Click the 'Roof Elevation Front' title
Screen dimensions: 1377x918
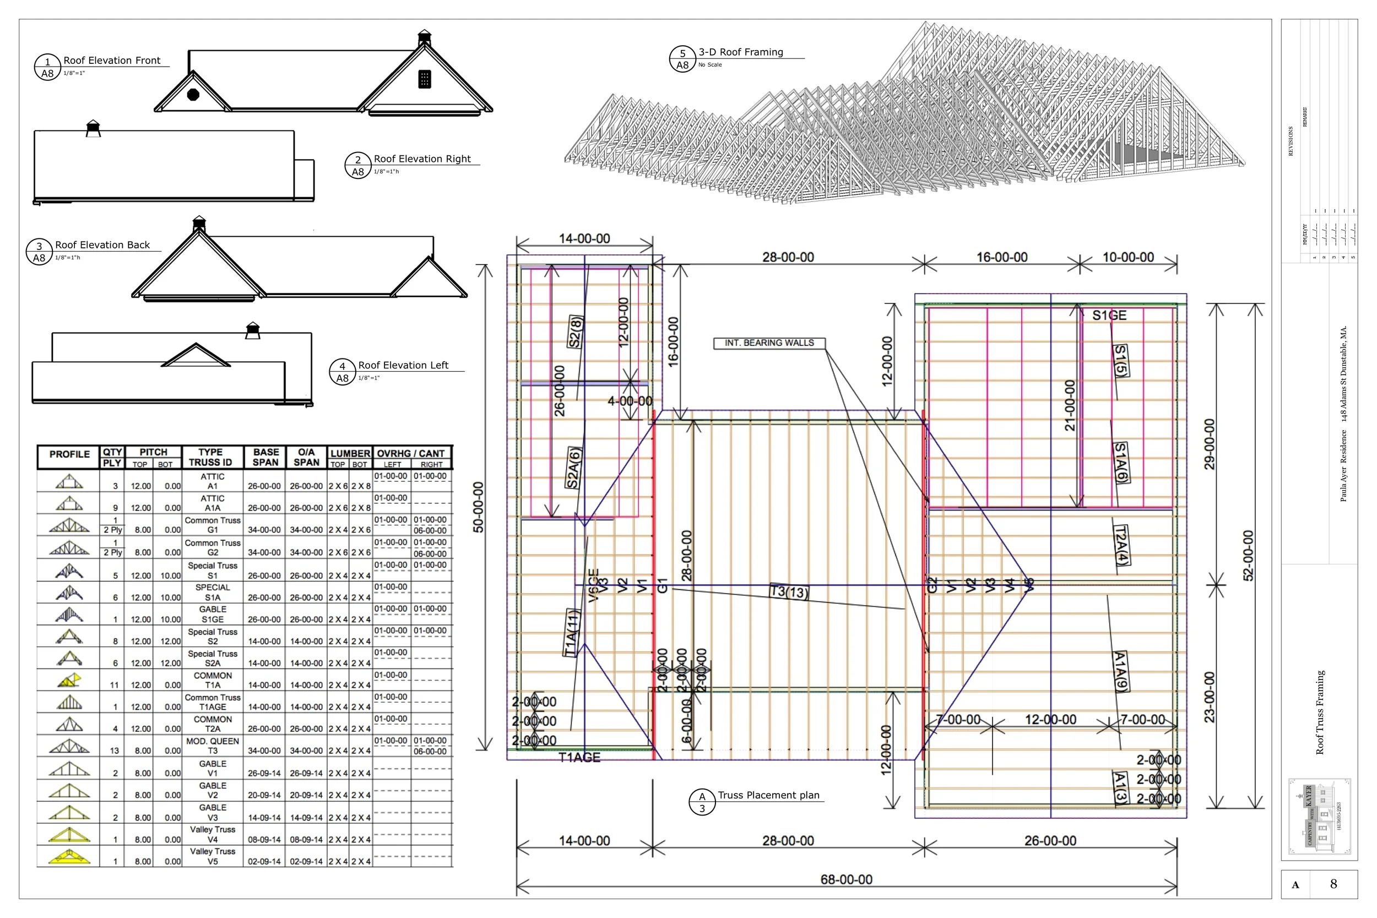pos(111,61)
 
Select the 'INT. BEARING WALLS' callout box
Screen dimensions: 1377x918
pos(769,343)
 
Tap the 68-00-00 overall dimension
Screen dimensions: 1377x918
pos(846,879)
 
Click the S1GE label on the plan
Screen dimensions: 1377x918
pos(1109,316)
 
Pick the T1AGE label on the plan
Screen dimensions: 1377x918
pos(579,758)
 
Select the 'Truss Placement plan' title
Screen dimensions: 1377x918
pos(768,795)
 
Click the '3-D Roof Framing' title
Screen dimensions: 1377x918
pos(740,52)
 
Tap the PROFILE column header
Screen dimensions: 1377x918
pos(69,454)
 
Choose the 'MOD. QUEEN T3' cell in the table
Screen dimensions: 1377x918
pos(212,746)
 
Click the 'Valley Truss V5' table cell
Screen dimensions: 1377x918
pos(212,856)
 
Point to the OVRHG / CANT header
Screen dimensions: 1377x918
pos(410,454)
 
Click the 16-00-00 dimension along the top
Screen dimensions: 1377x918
pos(1002,257)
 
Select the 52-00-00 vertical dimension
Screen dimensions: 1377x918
pos(1248,555)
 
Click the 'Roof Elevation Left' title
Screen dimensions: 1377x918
pos(403,365)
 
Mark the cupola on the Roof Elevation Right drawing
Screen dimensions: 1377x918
pos(93,128)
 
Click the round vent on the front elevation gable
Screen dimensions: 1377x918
pos(193,94)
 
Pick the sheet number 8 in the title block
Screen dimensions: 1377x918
pos(1333,884)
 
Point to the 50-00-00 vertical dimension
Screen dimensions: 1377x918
pos(478,507)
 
